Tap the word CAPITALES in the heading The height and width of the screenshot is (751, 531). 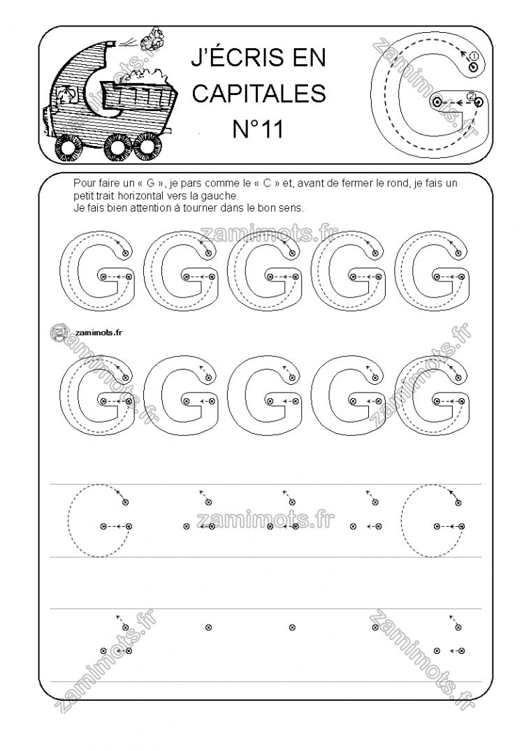(259, 94)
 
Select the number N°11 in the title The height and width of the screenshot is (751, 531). (259, 128)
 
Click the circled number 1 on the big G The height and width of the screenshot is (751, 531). (474, 56)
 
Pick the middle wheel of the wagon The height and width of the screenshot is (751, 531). (115, 147)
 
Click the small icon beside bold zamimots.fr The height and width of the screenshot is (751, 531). (59, 333)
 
